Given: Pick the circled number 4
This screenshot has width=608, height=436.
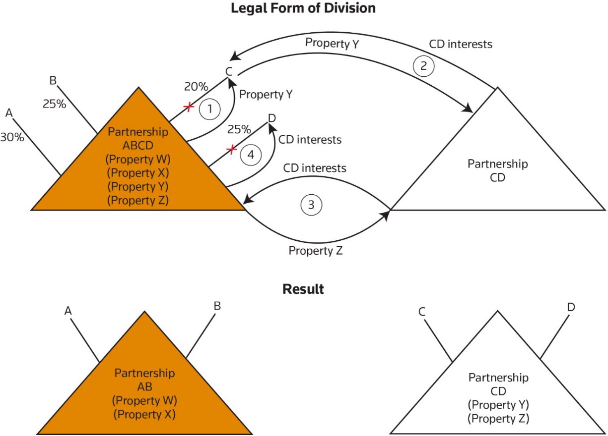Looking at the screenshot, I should point(250,154).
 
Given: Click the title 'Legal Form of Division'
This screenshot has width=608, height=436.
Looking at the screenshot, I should point(303,8).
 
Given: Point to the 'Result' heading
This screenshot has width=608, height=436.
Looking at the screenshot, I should point(303,289).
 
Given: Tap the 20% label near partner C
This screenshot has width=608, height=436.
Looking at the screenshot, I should point(196,86).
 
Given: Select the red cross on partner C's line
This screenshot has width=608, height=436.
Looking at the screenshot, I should point(189,107).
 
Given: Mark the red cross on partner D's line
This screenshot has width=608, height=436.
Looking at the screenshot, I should point(230,149).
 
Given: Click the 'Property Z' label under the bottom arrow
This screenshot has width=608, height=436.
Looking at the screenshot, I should point(316,251).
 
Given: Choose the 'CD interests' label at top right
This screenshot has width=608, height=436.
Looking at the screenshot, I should point(461,45).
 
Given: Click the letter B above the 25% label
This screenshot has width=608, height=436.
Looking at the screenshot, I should point(53,80).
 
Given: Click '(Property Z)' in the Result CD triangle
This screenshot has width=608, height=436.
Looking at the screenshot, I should point(498,418).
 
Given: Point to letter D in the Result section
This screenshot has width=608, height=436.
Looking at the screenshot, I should point(571,307).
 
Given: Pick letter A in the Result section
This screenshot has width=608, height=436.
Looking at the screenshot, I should point(68,311).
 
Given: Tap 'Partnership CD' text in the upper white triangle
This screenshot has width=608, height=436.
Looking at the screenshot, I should point(498,170).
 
